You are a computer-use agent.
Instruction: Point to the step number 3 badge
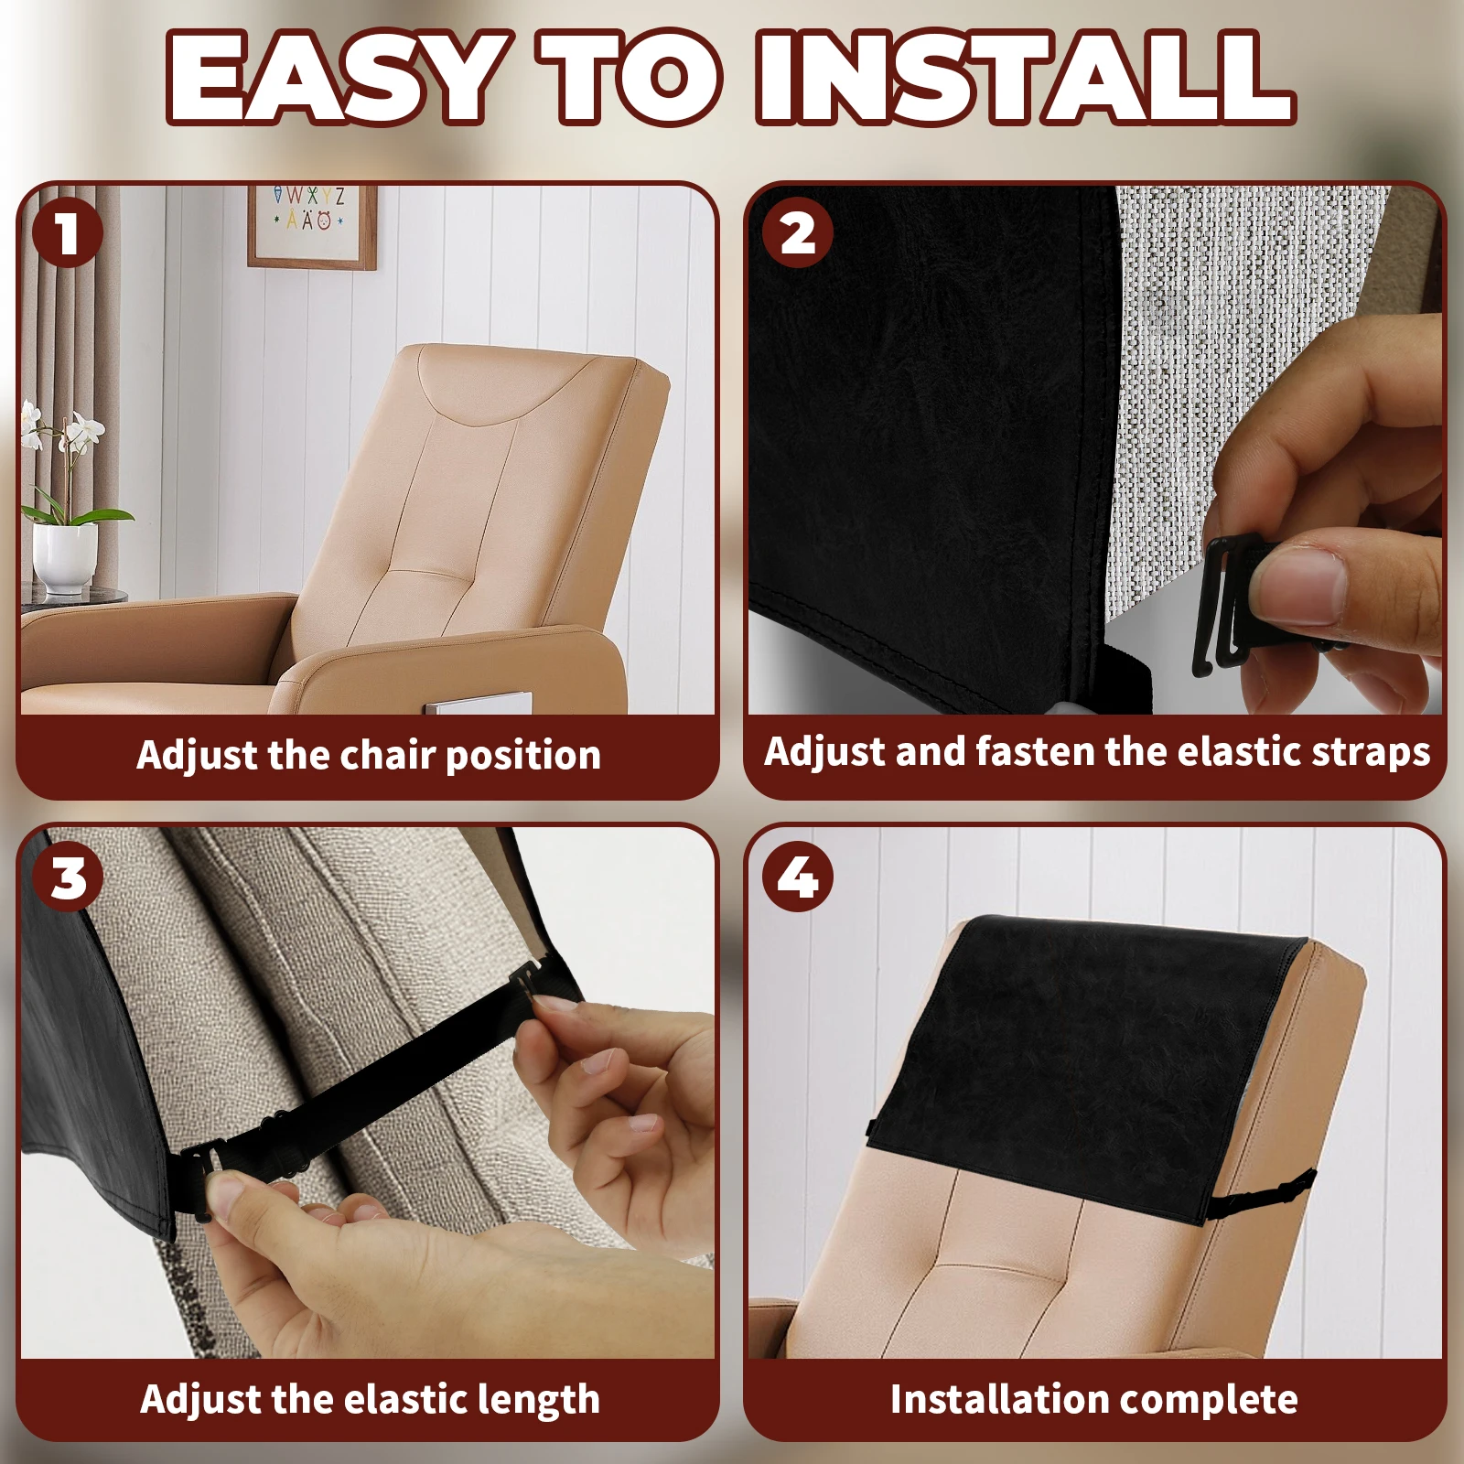point(68,877)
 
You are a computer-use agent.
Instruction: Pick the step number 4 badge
point(798,877)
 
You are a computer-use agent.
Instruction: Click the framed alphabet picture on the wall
point(312,226)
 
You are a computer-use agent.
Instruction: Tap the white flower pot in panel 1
point(65,557)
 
